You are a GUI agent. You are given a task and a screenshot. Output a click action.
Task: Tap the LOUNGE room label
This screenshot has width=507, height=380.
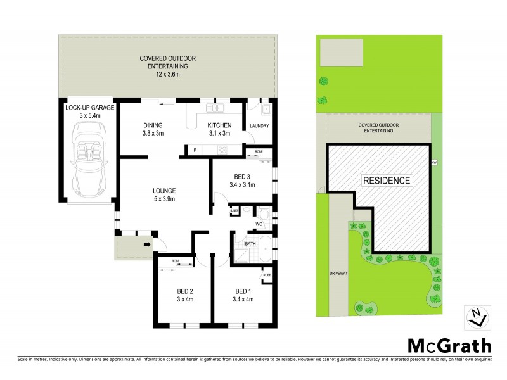pyautogui.click(x=164, y=190)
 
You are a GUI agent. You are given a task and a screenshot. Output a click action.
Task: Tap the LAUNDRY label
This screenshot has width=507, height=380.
pyautogui.click(x=259, y=126)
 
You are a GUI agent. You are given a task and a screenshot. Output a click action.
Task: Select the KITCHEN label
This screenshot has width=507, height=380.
pyautogui.click(x=220, y=125)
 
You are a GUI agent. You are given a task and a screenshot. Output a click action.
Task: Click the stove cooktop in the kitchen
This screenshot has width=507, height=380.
pyautogui.click(x=222, y=150)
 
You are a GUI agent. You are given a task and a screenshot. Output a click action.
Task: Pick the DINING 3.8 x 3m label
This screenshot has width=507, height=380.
pyautogui.click(x=153, y=129)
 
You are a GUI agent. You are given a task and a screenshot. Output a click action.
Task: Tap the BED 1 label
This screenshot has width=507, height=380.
pyautogui.click(x=243, y=292)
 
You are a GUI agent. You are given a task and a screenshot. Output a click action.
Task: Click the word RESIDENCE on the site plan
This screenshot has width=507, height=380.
pyautogui.click(x=387, y=180)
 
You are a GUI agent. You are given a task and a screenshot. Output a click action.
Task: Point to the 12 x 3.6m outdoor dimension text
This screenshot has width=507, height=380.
pyautogui.click(x=169, y=75)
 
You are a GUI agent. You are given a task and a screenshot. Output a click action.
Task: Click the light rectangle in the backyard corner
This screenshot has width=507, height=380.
pyautogui.click(x=341, y=49)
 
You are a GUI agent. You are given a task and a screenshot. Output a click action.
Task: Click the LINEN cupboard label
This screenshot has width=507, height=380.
pyautogui.click(x=234, y=210)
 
